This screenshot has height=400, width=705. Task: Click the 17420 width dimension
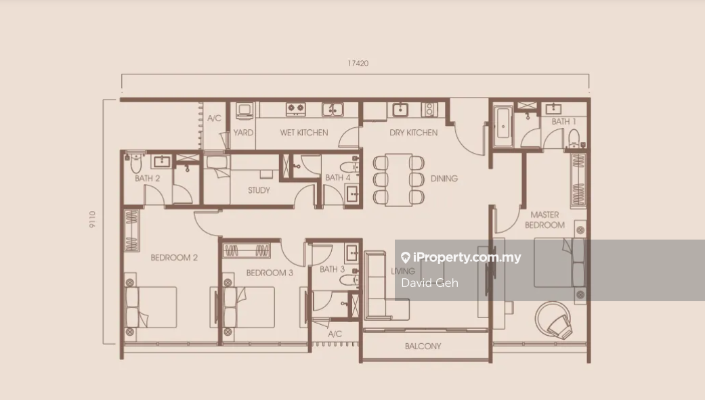(x=358, y=64)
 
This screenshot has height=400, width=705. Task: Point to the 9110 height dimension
(x=92, y=219)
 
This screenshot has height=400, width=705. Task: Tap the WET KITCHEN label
(x=304, y=133)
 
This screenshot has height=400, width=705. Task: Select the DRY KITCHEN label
(x=413, y=133)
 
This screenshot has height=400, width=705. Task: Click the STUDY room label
(x=259, y=190)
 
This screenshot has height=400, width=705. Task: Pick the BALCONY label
(x=423, y=346)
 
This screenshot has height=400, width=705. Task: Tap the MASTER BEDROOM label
(x=544, y=220)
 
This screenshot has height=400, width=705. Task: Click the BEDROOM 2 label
(x=174, y=257)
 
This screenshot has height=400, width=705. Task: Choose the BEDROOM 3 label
(x=270, y=273)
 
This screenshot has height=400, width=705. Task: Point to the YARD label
(x=243, y=133)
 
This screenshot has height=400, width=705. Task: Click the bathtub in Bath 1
(x=503, y=127)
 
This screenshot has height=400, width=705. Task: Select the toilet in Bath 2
(x=136, y=164)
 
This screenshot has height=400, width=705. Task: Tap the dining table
(x=399, y=180)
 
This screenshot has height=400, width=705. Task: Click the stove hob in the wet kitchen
(x=296, y=108)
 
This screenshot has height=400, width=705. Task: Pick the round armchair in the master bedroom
(x=555, y=319)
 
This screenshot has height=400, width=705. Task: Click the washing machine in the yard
(x=244, y=110)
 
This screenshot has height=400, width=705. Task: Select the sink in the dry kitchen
(x=400, y=109)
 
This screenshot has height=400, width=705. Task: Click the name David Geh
(x=429, y=283)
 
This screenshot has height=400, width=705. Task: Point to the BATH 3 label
(x=332, y=269)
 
